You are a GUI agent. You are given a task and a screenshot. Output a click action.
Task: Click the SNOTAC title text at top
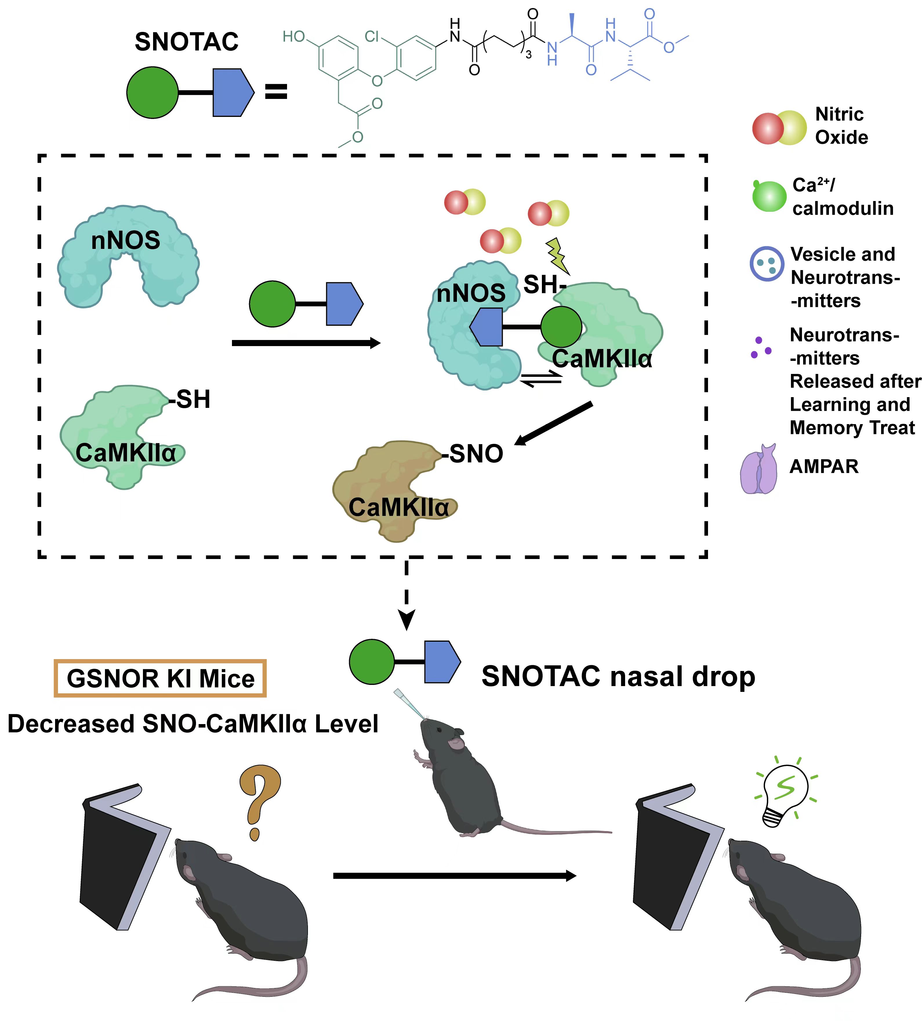tap(186, 41)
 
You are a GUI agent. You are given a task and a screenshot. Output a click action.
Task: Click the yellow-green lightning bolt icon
tap(557, 256)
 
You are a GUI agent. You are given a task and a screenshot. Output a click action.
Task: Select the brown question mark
tap(259, 801)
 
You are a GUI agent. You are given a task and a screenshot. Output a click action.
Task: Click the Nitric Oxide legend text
tap(841, 126)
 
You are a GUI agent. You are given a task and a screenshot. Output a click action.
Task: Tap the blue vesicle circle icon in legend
tap(767, 264)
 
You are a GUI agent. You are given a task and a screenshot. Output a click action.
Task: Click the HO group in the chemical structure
tap(294, 37)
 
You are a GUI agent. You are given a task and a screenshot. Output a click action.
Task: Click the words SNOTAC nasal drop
tap(618, 677)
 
